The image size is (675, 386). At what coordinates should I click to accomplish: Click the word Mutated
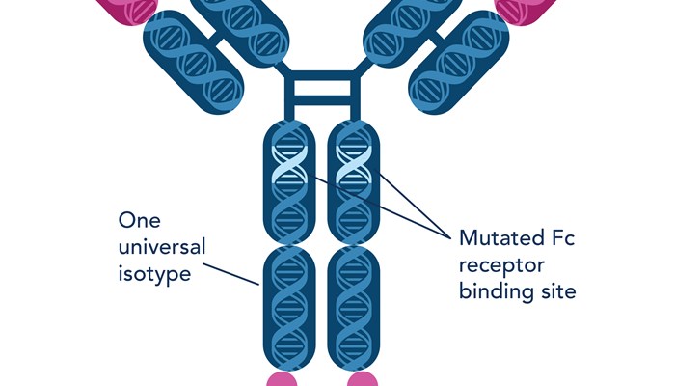click(x=500, y=238)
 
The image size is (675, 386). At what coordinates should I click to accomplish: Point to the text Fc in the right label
click(x=563, y=238)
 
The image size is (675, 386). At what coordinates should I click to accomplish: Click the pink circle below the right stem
click(x=363, y=378)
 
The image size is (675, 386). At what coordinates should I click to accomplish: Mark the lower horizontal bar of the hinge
click(x=322, y=103)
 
